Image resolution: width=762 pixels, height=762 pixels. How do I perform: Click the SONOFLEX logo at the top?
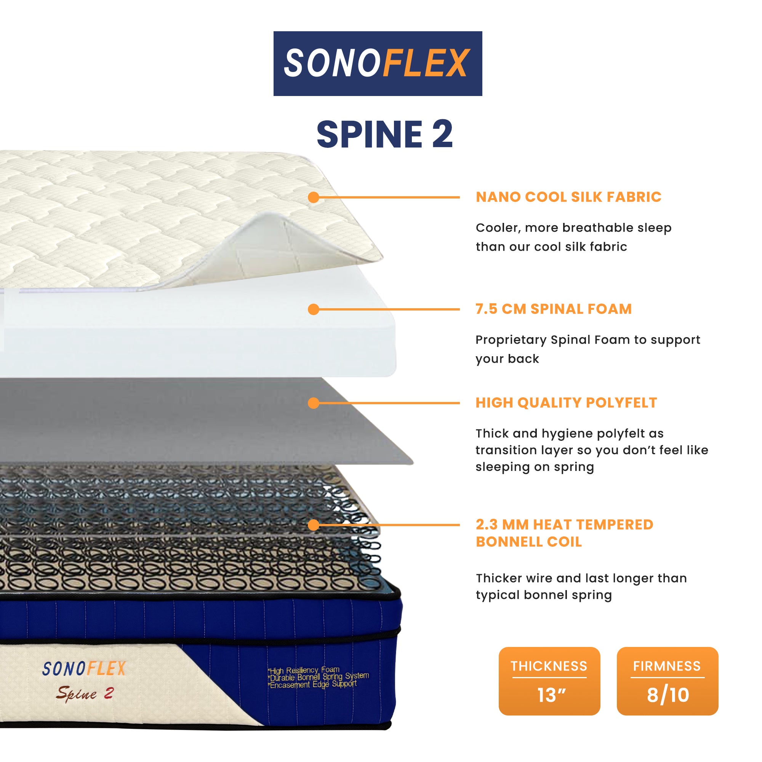pos(378,64)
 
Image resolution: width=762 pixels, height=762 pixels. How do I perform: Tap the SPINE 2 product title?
pos(384,134)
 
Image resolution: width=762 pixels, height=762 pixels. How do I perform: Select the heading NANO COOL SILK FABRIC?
pos(568,197)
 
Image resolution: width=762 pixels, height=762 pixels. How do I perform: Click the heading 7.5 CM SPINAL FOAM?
pos(553,309)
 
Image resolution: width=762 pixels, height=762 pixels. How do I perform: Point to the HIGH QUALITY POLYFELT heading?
pos(567,403)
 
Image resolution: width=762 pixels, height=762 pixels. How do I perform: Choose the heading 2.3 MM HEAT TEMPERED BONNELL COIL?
pos(564,533)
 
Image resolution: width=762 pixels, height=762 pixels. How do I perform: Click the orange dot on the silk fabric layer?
pos(314,197)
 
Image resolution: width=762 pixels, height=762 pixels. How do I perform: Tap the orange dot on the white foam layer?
pos(314,309)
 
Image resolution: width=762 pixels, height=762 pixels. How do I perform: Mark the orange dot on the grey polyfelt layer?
pos(314,403)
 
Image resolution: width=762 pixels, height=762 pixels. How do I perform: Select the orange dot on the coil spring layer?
pos(314,525)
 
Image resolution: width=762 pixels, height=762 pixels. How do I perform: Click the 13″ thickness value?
pos(551,695)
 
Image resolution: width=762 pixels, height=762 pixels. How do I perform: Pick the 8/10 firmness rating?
pos(668,695)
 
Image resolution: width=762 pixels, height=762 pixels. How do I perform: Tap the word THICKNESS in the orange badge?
pos(549,666)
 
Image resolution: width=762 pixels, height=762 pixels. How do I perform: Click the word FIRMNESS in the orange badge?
pos(667,666)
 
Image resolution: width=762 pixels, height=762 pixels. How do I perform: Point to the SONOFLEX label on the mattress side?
pos(84,669)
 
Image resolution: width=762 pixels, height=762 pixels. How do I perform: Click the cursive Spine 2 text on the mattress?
pos(85,693)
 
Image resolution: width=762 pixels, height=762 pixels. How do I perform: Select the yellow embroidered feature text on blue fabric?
pos(318,677)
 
